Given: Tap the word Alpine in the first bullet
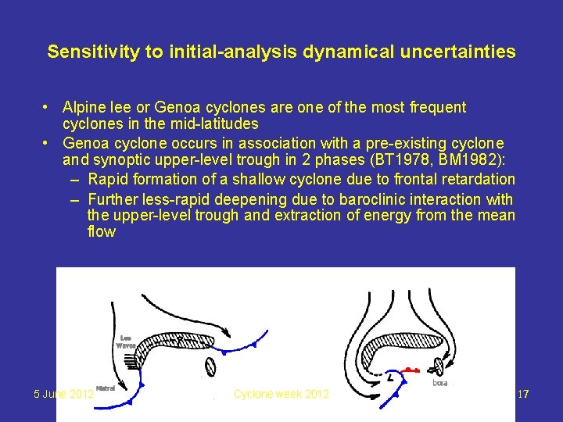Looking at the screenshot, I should (84, 107).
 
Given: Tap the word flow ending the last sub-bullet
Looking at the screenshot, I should (102, 232).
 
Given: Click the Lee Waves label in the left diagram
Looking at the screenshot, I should (126, 341).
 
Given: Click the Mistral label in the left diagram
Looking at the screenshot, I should (106, 388).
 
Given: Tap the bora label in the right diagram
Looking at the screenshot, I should (441, 383).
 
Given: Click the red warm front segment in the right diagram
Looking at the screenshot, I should (411, 370).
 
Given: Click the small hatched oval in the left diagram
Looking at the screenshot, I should (210, 366).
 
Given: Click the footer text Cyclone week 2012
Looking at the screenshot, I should (281, 395).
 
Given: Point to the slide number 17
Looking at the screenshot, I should (523, 395).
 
